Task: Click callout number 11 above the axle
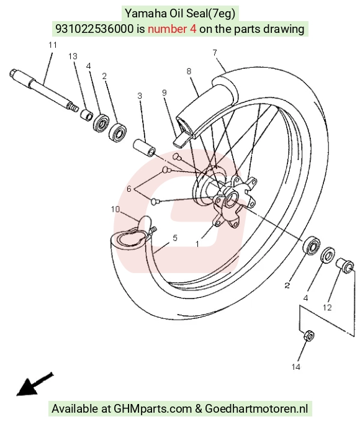tap(53, 45)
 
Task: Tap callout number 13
tap(73, 56)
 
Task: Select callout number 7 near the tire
tap(215, 53)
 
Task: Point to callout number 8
tap(189, 71)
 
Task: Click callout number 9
tap(164, 92)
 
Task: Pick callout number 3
tap(140, 96)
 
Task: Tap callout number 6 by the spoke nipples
tap(128, 189)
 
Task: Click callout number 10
tap(115, 209)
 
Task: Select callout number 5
tap(175, 238)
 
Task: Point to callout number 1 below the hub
tap(197, 244)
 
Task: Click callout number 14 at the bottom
tap(296, 367)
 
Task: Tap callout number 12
tap(327, 307)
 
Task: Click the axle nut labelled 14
tap(309, 335)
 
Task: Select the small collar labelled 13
tap(87, 115)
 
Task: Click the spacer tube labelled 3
tap(145, 148)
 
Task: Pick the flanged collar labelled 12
tap(345, 265)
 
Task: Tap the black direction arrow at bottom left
tap(35, 384)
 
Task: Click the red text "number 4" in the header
tap(172, 29)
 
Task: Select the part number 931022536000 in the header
tap(94, 29)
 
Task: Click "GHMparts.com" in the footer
tap(153, 409)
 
